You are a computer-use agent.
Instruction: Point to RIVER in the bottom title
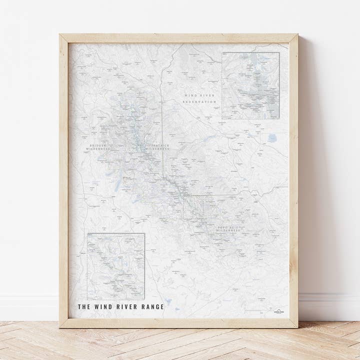(x=126, y=307)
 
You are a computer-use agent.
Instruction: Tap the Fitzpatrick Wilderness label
(x=157, y=147)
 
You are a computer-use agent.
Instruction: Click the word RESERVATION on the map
(x=199, y=102)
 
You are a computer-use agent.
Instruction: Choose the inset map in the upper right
(x=250, y=85)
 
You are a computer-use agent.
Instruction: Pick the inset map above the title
(x=116, y=266)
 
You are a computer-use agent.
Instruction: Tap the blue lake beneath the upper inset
(x=272, y=137)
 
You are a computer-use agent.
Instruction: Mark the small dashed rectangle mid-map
(x=193, y=207)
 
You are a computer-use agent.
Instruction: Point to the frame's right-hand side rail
(x=293, y=180)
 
